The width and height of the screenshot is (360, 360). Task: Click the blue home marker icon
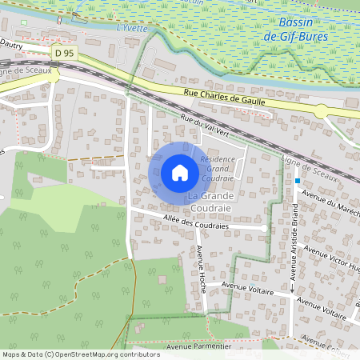click(179, 172)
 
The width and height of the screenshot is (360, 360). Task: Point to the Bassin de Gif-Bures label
click(310, 30)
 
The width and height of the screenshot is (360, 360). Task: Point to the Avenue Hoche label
click(201, 268)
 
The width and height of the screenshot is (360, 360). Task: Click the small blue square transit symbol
click(297, 181)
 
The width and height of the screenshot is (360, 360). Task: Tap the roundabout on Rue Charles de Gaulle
click(320, 111)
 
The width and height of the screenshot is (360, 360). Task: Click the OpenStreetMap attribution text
click(81, 354)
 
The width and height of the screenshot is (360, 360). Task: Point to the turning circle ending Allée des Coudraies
click(263, 229)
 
